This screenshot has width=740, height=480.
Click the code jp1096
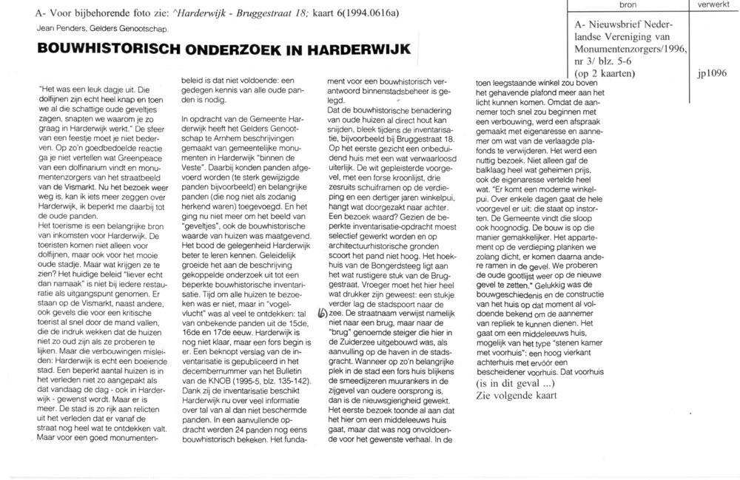(710, 74)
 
